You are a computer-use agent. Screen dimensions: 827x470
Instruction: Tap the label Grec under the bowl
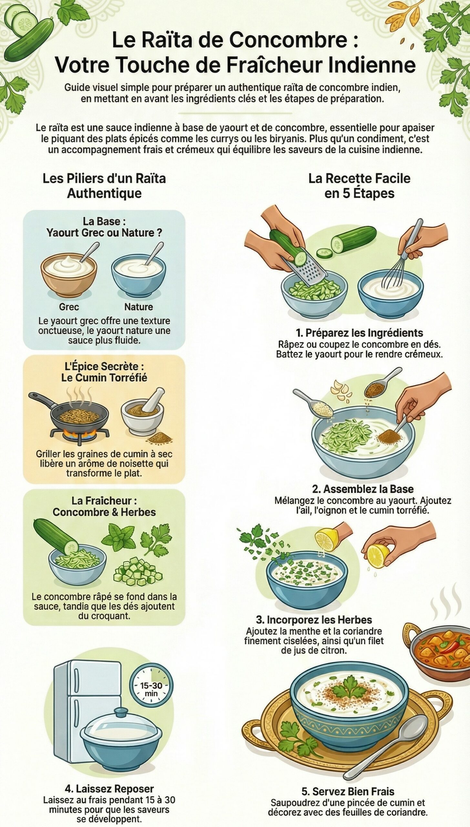tap(69, 307)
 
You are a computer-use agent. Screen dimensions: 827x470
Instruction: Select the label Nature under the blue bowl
tap(138, 307)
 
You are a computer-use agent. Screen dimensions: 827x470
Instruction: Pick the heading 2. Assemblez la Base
tap(363, 489)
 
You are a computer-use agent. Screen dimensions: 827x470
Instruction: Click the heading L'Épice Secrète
tap(104, 366)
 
